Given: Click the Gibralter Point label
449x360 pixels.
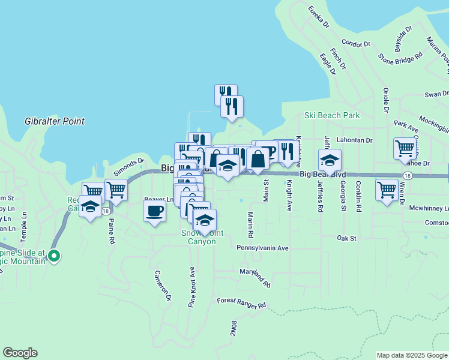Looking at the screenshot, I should tap(55, 121).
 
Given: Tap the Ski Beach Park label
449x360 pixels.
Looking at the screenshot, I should tap(331, 115).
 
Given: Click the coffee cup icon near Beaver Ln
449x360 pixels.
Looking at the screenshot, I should tap(155, 211).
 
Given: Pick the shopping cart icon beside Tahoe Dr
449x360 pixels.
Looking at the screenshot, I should tap(405, 148).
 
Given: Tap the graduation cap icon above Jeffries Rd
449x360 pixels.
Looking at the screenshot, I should tap(330, 160).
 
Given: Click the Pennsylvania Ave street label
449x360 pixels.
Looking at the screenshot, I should tap(262, 248).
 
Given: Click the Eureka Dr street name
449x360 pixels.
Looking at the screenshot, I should tap(319, 17).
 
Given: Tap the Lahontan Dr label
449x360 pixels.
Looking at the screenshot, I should tap(355, 140).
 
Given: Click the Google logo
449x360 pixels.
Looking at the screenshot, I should tap(20, 353).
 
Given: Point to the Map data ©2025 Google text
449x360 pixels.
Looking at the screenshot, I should tap(412, 355).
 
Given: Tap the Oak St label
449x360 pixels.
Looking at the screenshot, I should tap(346, 238).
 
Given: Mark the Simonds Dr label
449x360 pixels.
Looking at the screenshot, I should tap(129, 165).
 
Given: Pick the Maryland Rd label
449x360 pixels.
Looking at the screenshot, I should tap(255, 277).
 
